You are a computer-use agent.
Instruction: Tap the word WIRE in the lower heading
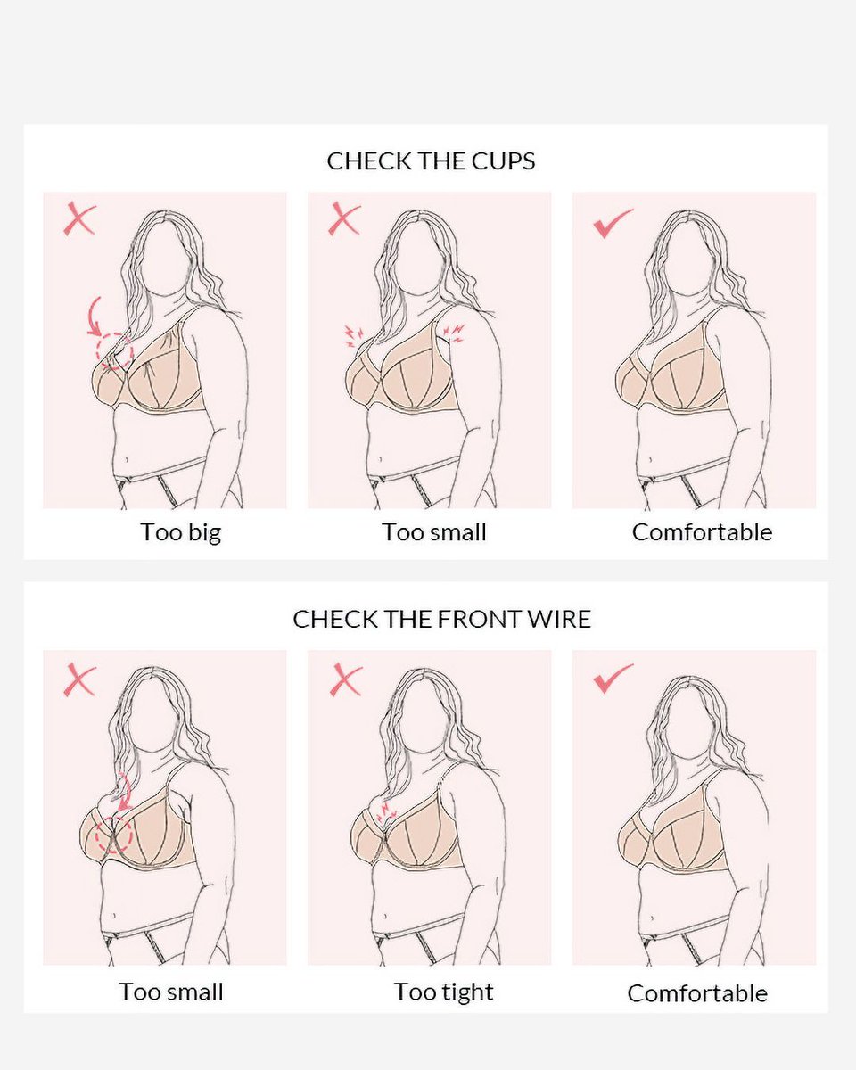pos(558,619)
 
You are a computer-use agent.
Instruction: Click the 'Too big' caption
pos(180,532)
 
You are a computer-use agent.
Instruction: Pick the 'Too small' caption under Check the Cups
pos(434,532)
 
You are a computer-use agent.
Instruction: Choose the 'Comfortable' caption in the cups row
pos(702,532)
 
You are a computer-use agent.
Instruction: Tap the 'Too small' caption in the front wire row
pos(171,992)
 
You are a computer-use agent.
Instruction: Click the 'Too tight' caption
pos(443,992)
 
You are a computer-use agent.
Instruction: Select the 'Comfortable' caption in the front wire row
pos(697,993)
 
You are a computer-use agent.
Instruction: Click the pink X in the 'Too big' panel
pos(79,219)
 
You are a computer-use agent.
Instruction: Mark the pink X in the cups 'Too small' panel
pos(344,219)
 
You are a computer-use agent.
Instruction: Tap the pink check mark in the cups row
pos(613,223)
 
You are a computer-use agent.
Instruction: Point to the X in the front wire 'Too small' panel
pos(79,680)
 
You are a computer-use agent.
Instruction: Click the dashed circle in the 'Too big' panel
pos(115,351)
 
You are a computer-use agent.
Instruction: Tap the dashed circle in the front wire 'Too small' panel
pos(113,835)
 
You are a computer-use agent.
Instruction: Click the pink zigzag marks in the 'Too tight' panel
pos(386,811)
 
